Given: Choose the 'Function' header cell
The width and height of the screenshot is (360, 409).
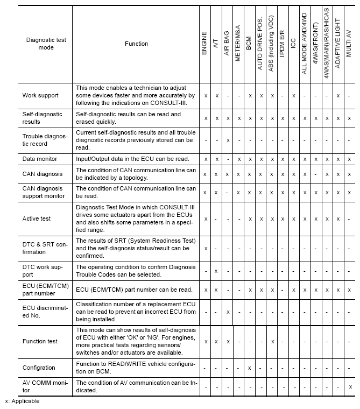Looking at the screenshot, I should click(136, 44).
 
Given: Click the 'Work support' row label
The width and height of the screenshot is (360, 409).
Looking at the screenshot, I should click(41, 95).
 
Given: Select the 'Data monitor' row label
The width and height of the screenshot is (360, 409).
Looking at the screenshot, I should click(40, 159).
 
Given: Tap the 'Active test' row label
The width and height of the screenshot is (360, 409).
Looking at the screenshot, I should click(36, 219).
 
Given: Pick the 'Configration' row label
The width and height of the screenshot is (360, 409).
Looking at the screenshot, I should click(39, 368).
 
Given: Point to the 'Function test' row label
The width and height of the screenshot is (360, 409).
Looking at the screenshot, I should click(40, 341).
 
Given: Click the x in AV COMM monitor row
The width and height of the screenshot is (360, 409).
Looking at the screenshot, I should click(350, 386).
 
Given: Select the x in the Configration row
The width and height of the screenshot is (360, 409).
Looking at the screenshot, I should click(249, 368).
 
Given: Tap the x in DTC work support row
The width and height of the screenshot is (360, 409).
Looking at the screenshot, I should click(216, 271).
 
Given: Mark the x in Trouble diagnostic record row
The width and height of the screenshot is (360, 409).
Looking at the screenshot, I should click(227, 140).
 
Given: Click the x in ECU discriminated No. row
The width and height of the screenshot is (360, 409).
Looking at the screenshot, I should click(227, 312).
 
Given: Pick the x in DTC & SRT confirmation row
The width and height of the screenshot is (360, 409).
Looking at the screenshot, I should click(206, 248).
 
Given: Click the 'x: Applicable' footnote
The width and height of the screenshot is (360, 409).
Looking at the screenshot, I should click(22, 401).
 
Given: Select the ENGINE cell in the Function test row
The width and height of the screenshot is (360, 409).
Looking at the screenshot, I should click(206, 341).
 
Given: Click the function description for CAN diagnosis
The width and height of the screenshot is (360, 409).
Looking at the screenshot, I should click(136, 174).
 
